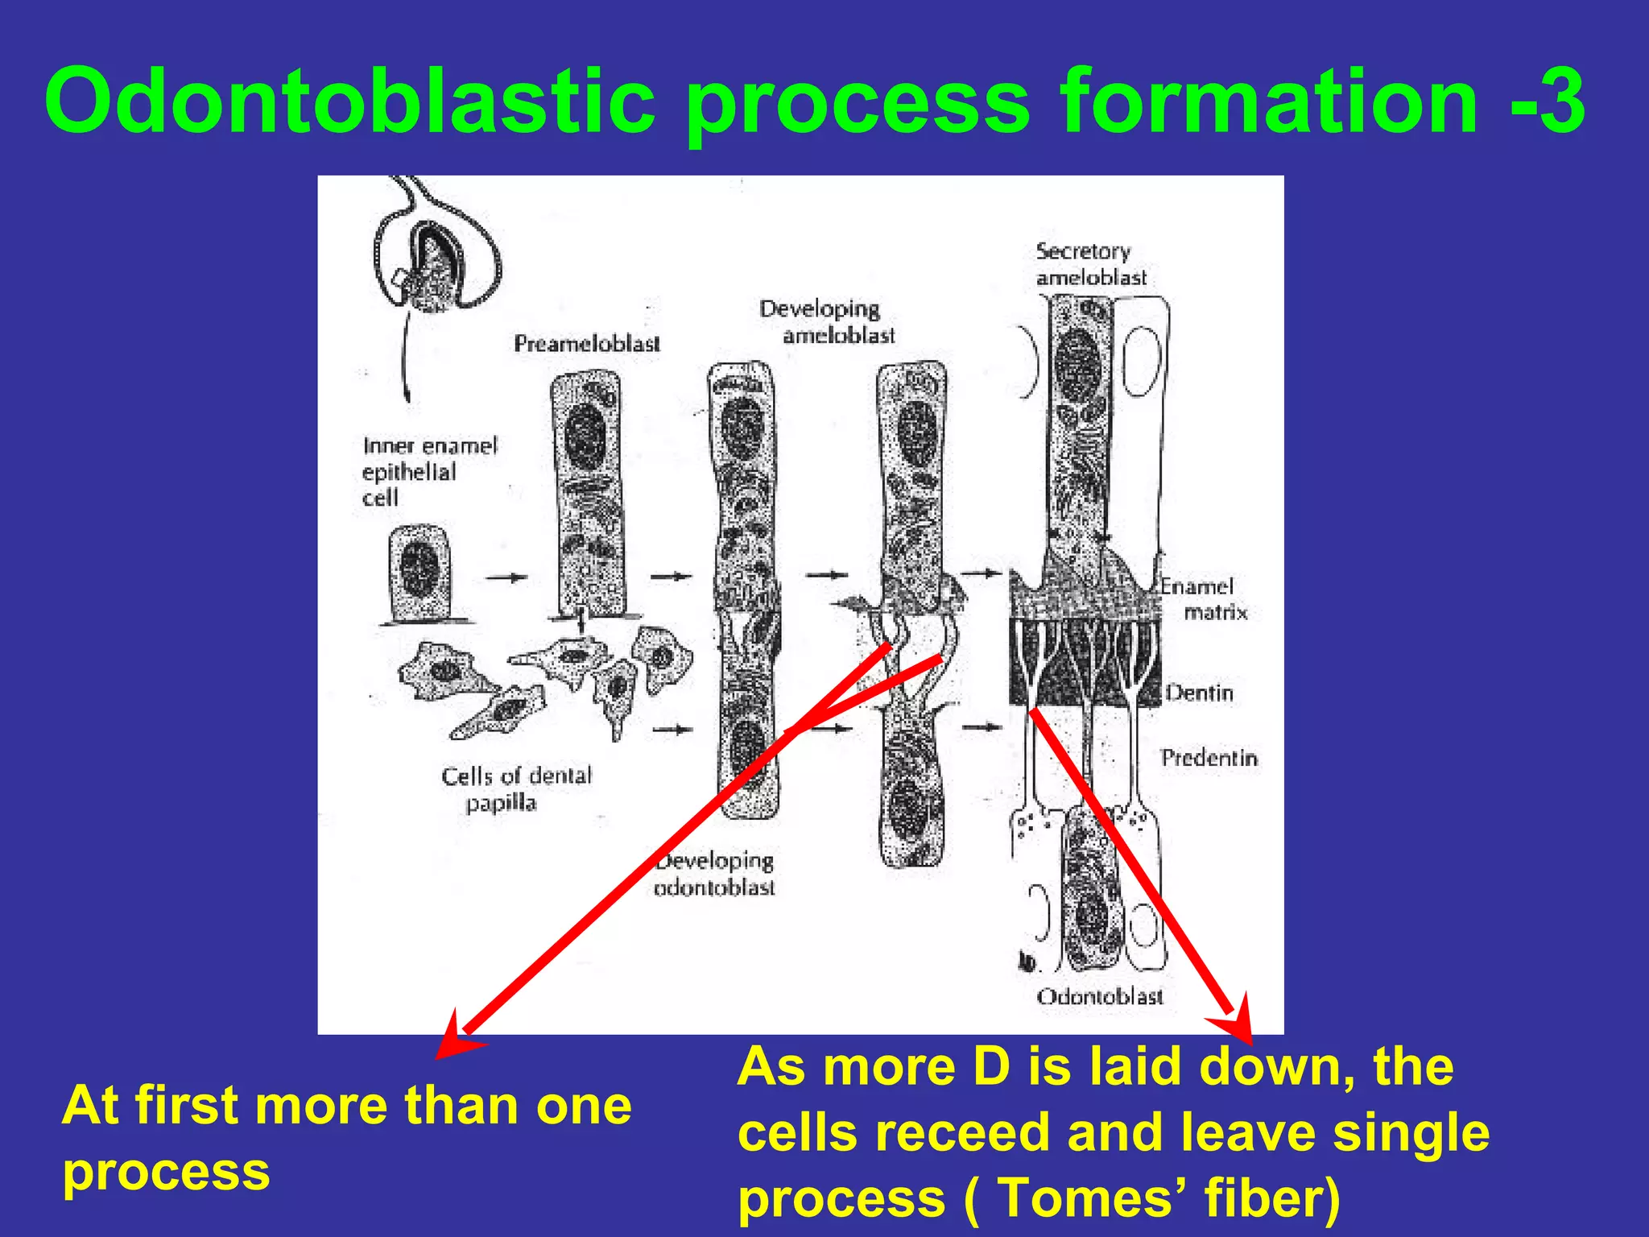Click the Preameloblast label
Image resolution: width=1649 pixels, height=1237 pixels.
pos(587,344)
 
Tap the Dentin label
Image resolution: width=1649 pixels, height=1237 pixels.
pos(1200,693)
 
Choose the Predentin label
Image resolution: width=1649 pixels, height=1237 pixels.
pos(1209,758)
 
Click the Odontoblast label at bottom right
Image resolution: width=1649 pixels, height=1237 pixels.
pos(1100,997)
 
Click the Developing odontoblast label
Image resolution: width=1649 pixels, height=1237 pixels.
pos(714,874)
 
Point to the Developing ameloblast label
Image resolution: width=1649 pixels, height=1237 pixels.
pos(827,322)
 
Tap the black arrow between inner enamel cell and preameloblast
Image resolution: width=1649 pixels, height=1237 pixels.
pos(506,577)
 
